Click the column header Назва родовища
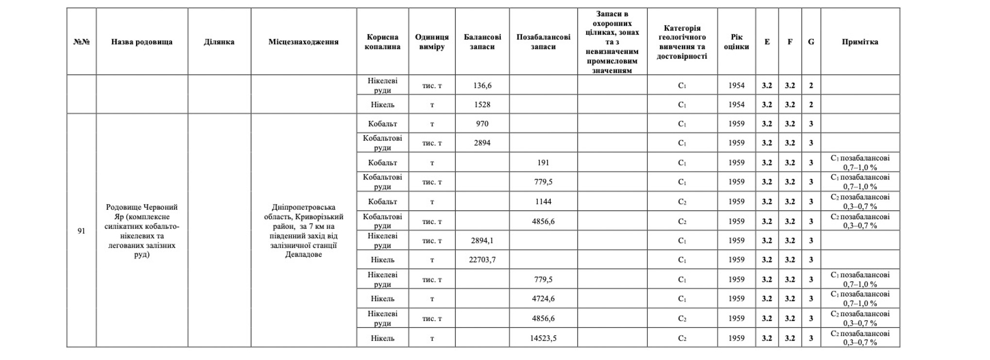click(x=142, y=42)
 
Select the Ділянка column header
click(x=219, y=42)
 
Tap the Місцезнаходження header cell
click(x=303, y=42)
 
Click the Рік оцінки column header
click(x=736, y=42)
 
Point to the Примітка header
click(x=859, y=42)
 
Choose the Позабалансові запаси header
click(x=543, y=42)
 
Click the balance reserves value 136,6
click(x=482, y=85)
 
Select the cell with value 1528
click(x=482, y=104)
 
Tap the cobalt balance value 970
click(x=482, y=124)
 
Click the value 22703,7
click(x=482, y=260)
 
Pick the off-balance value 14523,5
click(x=543, y=338)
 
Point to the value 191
click(x=543, y=163)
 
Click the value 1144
click(x=543, y=201)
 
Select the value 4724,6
click(x=543, y=298)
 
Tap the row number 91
click(x=81, y=231)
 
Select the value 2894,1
click(x=482, y=241)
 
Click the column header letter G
click(x=810, y=42)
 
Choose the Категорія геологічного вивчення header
click(x=682, y=42)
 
